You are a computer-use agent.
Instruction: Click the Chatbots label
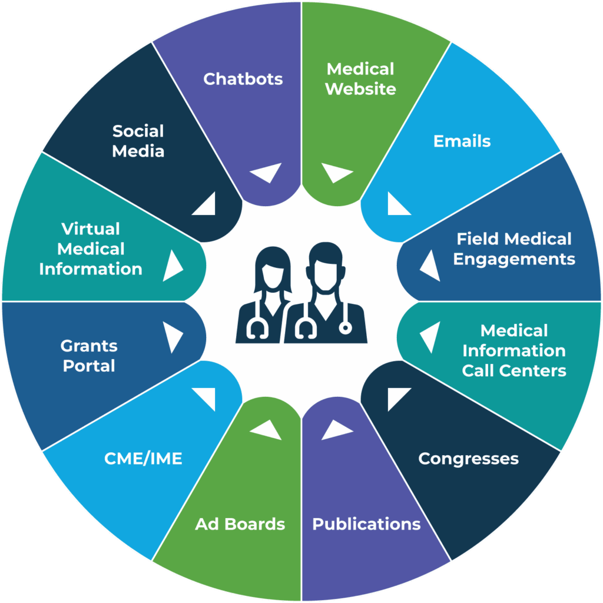[243, 79]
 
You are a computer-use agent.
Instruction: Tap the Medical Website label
[360, 79]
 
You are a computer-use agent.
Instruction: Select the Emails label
[462, 141]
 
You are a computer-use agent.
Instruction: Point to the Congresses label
[468, 459]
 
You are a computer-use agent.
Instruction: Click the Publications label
[366, 524]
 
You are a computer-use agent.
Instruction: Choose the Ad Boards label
[240, 524]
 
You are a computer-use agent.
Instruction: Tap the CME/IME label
[143, 459]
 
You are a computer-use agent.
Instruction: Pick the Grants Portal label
[90, 356]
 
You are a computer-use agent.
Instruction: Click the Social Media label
[138, 141]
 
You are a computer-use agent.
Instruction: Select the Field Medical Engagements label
[513, 249]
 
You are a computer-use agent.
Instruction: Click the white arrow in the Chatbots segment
[264, 173]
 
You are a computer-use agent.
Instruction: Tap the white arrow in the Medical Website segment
[336, 173]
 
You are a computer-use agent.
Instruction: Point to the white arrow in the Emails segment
[397, 206]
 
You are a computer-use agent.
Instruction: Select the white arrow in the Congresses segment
[397, 397]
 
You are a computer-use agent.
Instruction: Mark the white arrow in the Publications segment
[336, 429]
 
